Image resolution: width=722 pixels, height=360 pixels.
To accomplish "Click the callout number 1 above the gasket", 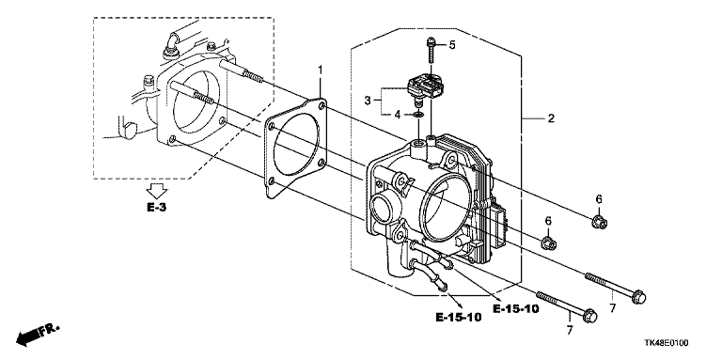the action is point(320,70).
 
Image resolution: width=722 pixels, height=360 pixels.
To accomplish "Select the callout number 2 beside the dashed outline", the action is point(551,118).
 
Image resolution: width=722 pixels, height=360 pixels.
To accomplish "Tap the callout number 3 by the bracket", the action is point(368,101).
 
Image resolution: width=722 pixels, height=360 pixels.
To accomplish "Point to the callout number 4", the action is point(398,115).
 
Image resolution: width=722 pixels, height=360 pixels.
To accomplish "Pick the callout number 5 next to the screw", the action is point(451,45).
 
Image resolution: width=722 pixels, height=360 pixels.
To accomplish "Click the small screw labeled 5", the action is point(430,51).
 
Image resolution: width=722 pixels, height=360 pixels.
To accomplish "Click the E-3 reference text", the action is point(157,208).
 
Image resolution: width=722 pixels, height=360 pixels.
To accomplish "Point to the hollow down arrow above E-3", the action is point(157,191).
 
